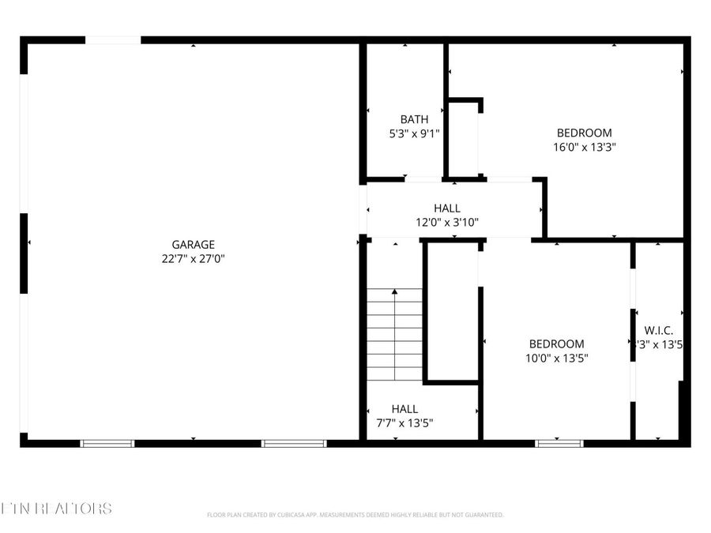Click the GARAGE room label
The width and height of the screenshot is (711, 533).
[x=193, y=245]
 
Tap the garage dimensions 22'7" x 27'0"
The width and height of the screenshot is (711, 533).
[x=193, y=258]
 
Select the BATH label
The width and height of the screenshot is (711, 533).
[x=414, y=119]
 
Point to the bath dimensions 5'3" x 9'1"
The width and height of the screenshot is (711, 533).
[x=414, y=133]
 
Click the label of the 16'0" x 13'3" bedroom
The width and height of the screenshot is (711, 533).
[x=584, y=133]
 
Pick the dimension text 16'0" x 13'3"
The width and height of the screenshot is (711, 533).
[x=584, y=146]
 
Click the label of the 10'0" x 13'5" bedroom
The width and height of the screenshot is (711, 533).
[x=556, y=343]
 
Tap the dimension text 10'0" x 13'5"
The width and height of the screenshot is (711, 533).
[x=556, y=357]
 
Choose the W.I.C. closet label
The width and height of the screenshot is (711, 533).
[x=659, y=330]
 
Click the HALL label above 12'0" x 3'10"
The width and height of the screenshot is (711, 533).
[x=447, y=208]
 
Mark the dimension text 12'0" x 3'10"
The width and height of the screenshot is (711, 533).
[x=447, y=222]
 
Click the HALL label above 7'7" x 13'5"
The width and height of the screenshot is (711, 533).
[x=404, y=409]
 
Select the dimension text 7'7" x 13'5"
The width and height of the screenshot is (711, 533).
[x=404, y=422]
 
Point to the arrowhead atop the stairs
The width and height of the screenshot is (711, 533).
[x=395, y=293]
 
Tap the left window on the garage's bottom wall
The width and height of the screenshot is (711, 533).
[x=108, y=443]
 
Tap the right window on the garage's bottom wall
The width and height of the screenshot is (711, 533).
[x=294, y=443]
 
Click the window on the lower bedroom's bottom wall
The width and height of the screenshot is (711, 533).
[x=559, y=443]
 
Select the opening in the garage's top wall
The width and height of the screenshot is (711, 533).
[x=113, y=40]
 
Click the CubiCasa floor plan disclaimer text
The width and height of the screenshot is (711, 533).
[x=355, y=515]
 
